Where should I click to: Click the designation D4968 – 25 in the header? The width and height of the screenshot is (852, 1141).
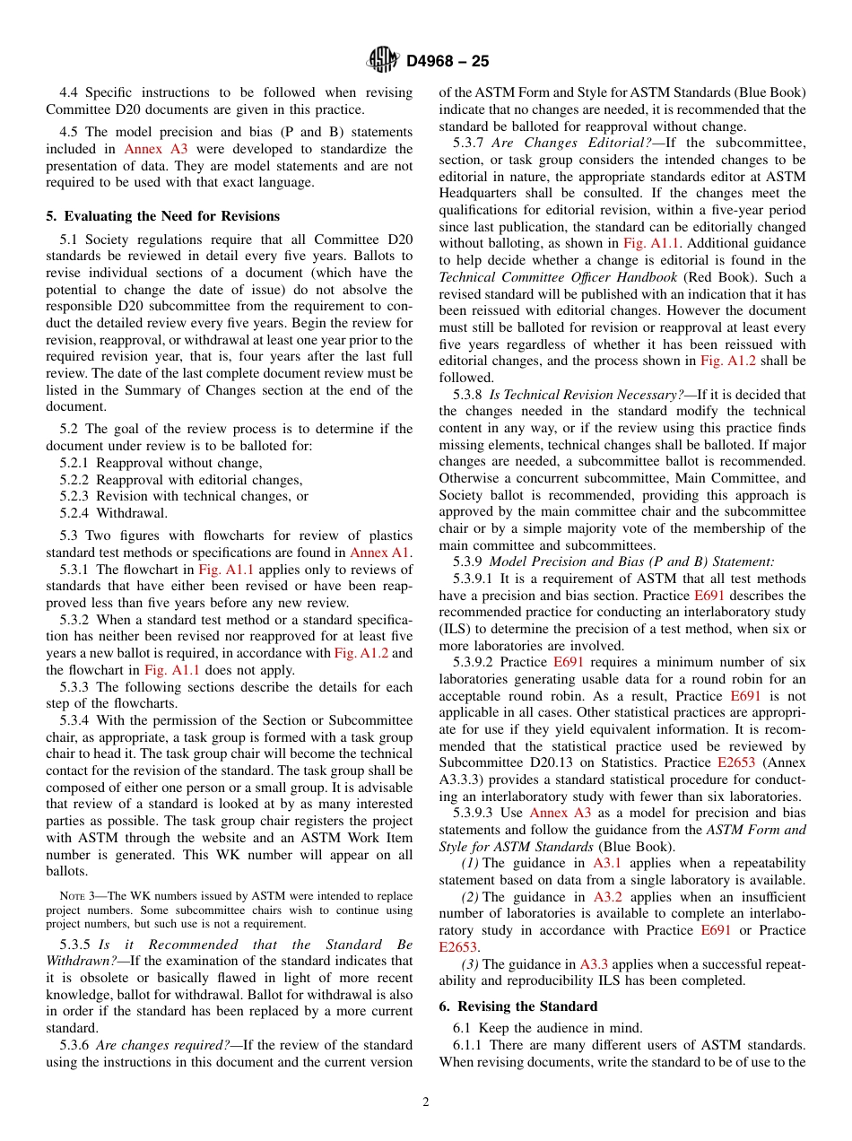tap(448, 62)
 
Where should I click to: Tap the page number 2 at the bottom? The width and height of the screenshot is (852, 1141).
tap(426, 1102)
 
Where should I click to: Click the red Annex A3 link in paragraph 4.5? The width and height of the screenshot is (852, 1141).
tap(155, 150)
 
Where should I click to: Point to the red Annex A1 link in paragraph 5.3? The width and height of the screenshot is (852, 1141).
tap(380, 553)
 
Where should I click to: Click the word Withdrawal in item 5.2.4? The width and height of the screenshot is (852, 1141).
tap(132, 513)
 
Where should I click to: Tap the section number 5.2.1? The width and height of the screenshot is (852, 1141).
tap(74, 463)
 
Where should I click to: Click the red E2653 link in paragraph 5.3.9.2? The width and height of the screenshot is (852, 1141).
tap(736, 762)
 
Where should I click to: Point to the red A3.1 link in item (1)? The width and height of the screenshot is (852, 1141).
tap(607, 863)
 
